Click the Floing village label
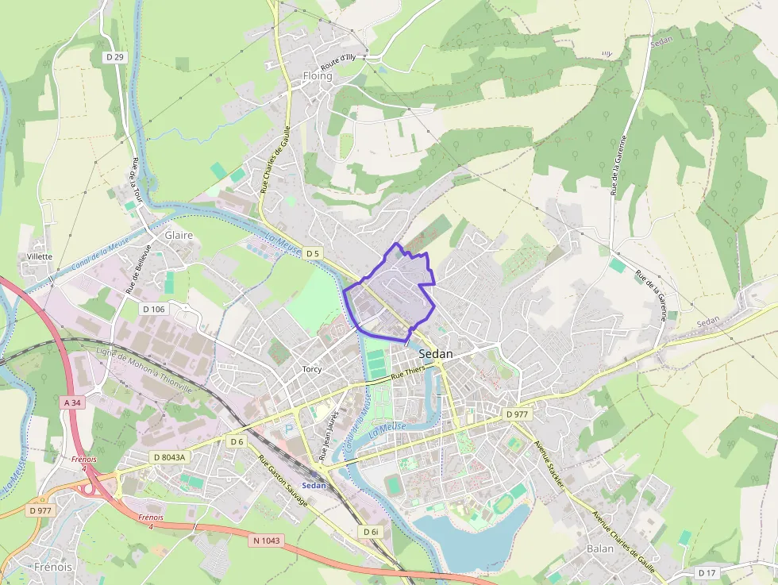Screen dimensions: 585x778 318,76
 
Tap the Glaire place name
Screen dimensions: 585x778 179,236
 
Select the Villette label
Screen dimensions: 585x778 40,256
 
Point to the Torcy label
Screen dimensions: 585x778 312,369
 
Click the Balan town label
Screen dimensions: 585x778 599,548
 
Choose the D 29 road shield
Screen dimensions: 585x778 115,57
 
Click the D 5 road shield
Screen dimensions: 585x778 313,253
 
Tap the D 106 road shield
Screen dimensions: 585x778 154,309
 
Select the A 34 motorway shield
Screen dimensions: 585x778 72,403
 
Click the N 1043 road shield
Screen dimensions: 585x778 267,541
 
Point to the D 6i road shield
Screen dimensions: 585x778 370,532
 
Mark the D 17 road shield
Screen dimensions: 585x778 707,572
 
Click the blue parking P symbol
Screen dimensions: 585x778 289,429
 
